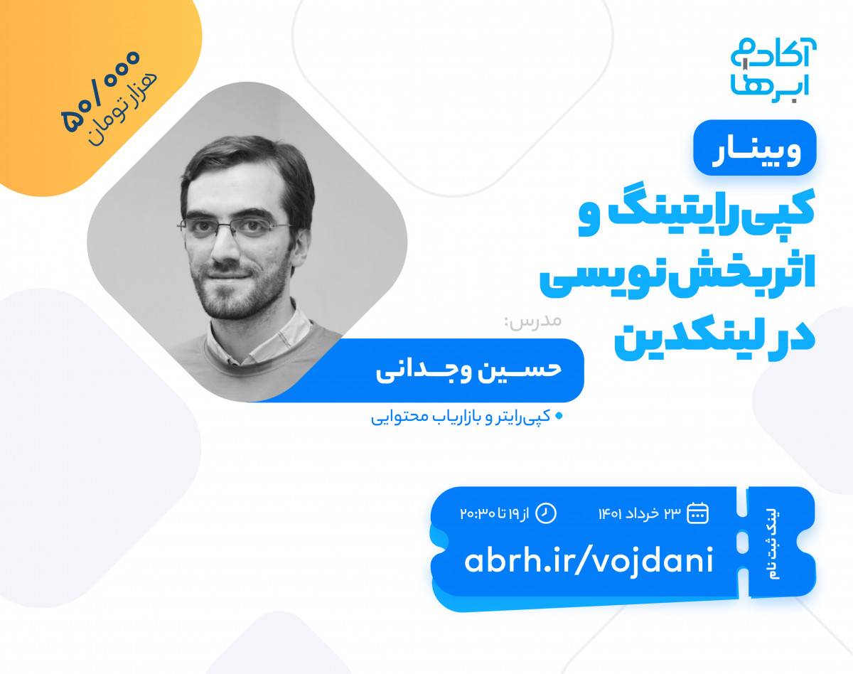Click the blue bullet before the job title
[558, 415]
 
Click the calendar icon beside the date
[698, 513]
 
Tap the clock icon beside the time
[545, 513]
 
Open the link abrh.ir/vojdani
[589, 561]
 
